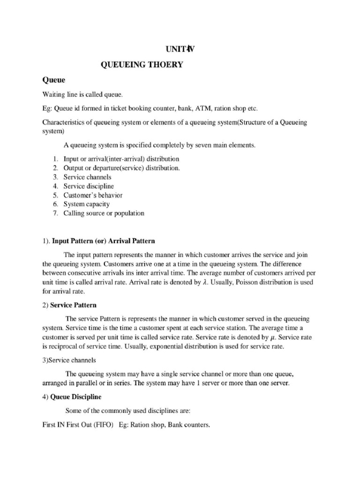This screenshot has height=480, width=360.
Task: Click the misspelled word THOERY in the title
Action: tap(165, 66)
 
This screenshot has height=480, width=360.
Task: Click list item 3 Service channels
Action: tap(87, 177)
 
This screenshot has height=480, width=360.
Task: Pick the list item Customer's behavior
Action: tap(93, 195)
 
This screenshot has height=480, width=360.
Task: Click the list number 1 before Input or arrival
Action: tap(55, 159)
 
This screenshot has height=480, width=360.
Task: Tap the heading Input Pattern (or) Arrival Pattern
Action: tap(103, 241)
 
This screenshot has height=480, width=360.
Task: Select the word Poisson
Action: tap(241, 283)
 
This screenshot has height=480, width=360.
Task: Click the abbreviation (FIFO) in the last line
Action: tap(103, 426)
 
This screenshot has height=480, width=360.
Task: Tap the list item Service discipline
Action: tap(89, 186)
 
